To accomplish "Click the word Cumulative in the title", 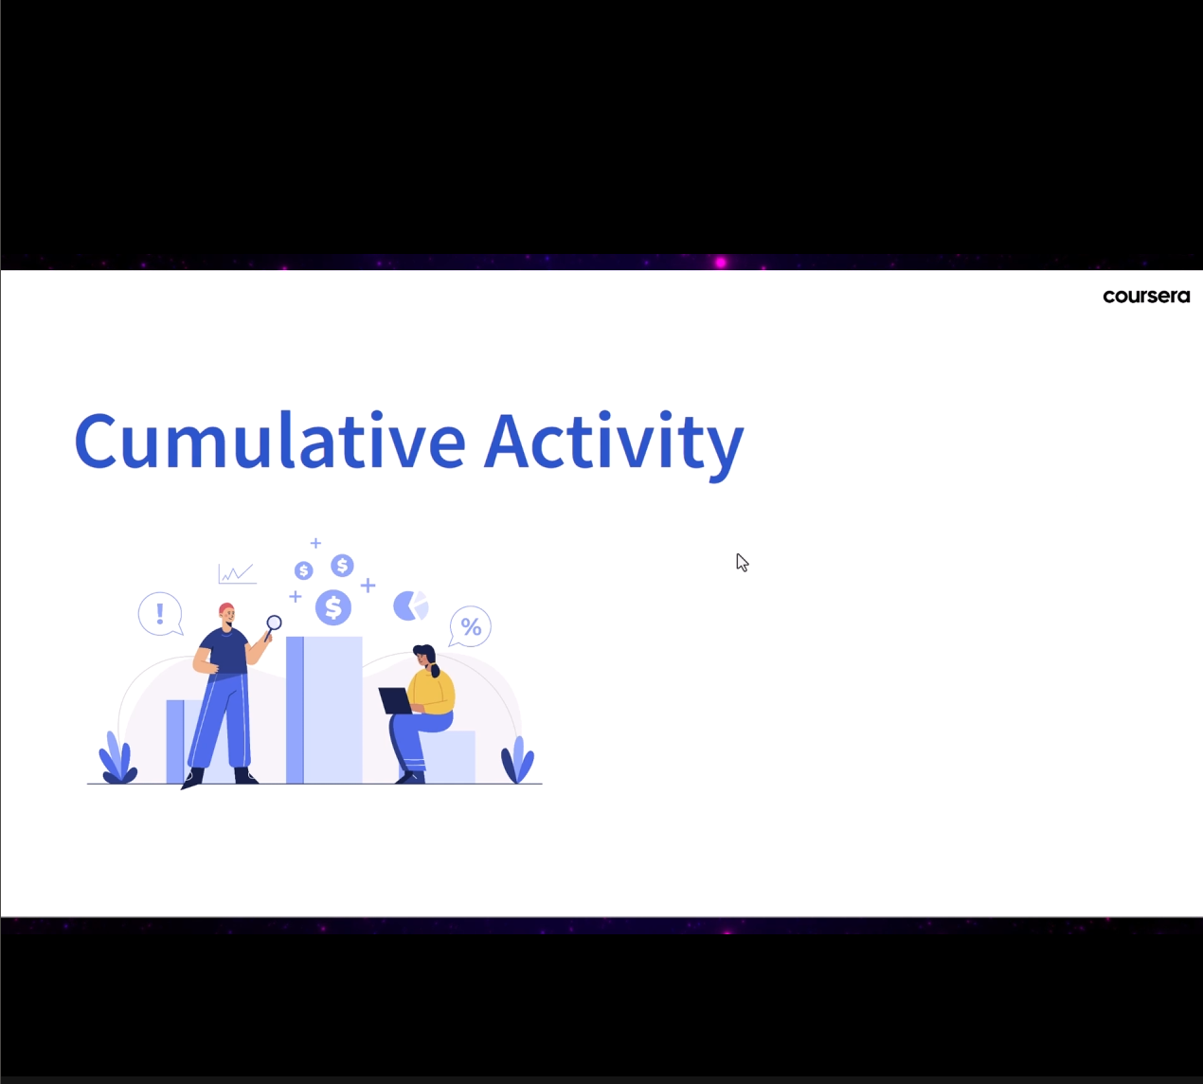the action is [270, 440].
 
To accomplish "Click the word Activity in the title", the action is [614, 444].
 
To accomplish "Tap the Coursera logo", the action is [1146, 297].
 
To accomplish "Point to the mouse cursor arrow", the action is [743, 563].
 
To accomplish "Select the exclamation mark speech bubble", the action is [160, 614].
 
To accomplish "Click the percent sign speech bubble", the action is [470, 627].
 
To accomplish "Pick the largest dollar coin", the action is [333, 607].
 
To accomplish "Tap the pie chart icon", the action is [411, 605].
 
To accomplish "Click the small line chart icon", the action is [238, 573].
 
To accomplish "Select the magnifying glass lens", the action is [274, 623].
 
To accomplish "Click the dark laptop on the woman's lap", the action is [396, 700].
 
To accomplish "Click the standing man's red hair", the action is [226, 608].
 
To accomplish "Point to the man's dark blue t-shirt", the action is [224, 651].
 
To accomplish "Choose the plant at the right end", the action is [517, 759].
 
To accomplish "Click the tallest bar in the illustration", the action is [324, 710].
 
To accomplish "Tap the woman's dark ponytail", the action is [434, 668].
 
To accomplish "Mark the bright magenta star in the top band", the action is [721, 262].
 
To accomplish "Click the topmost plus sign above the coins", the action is [315, 543].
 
